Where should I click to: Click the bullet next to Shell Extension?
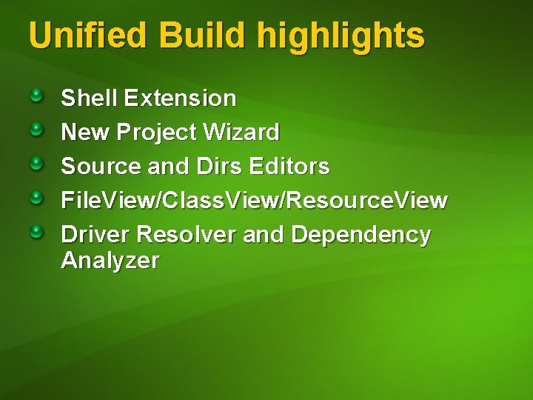[37, 96]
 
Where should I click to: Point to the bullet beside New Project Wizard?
[37, 130]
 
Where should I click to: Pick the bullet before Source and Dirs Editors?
[37, 164]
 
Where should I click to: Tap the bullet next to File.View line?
[37, 199]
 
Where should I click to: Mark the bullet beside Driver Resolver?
[37, 233]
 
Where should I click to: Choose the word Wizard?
[242, 133]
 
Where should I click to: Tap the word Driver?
[96, 235]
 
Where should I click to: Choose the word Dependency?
[361, 235]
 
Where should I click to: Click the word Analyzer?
[110, 261]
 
